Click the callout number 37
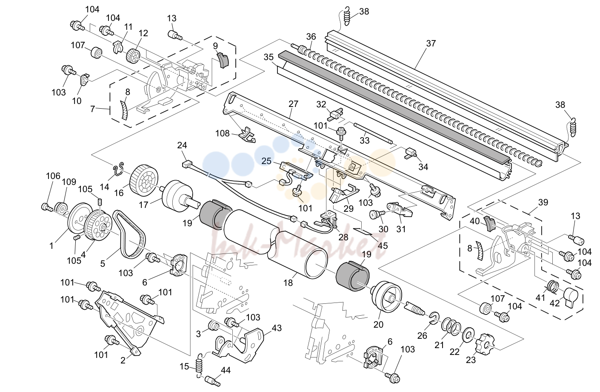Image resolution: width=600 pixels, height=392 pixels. click(431, 43)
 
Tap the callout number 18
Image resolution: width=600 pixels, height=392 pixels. click(288, 282)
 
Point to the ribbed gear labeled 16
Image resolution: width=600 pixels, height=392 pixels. click(144, 178)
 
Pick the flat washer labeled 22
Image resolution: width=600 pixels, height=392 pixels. click(469, 335)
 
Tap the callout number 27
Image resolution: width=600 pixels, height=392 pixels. click(293, 104)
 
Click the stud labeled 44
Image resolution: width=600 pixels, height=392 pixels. click(213, 381)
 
